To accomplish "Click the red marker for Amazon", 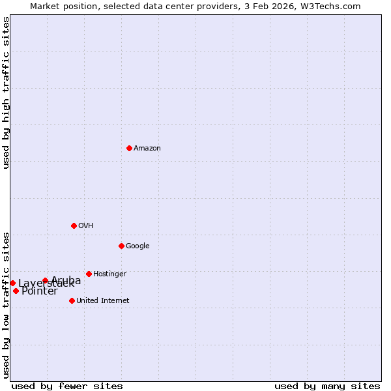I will point(129,148).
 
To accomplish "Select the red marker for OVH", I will point(74,225).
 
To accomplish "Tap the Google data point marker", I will point(121,246).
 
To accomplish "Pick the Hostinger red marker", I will point(89,274).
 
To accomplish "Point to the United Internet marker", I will point(72,300).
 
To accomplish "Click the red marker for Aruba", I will point(45,280).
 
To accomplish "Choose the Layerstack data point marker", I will point(12,283).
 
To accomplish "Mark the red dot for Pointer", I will point(16,291).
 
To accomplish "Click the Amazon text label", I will point(147,149).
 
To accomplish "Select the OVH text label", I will point(86,226).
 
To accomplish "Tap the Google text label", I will point(138,246).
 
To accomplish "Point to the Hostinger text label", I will point(109,274).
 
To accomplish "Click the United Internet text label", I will point(102,301).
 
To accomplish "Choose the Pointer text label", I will point(39,291).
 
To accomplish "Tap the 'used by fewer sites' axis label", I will point(67,386).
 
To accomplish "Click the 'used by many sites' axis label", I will point(327,386).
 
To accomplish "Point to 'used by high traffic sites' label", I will point(6,93).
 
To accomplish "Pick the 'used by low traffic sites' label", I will point(6,304).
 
